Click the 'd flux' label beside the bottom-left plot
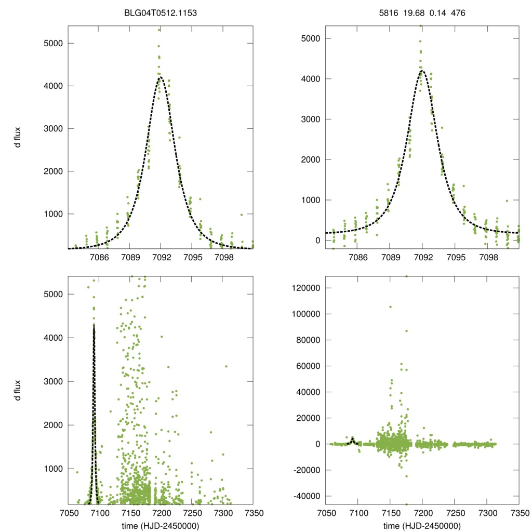pos(18,391)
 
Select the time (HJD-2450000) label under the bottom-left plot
pos(161,526)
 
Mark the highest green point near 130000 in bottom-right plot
pos(406,276)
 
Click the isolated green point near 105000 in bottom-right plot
pos(391,307)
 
